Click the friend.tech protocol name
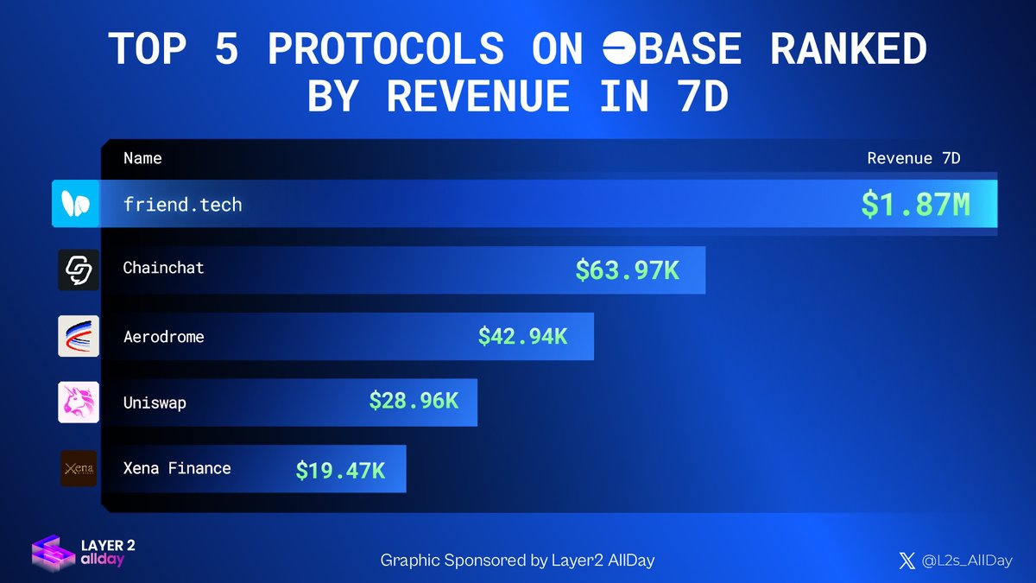coord(182,205)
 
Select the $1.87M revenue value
coord(915,205)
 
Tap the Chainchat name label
coord(163,268)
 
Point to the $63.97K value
coord(627,270)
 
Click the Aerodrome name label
coord(163,337)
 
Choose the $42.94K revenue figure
coord(522,337)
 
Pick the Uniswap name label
coord(155,402)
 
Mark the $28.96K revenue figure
coord(414,402)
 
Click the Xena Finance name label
coord(177,468)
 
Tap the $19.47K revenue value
coord(340,470)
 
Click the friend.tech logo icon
coord(76,204)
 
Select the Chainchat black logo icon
coord(79,270)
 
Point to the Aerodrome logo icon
coord(79,337)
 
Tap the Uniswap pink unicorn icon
coord(79,402)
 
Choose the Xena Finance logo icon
coord(79,468)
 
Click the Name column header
coord(142,158)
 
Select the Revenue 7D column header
coord(913,158)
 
